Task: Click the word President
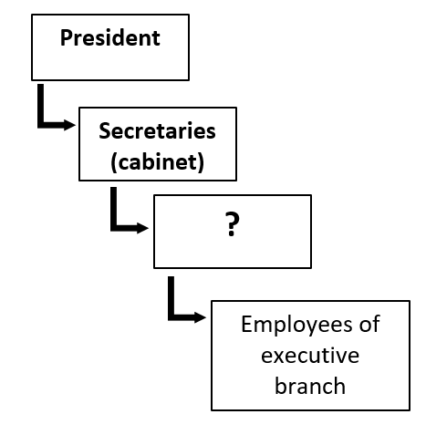pyautogui.click(x=110, y=38)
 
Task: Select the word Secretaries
pyautogui.click(x=157, y=130)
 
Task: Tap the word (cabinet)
pyautogui.click(x=157, y=162)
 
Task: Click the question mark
pyautogui.click(x=233, y=224)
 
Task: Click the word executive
pyautogui.click(x=310, y=356)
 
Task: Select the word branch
pyautogui.click(x=310, y=386)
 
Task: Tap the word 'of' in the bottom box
pyautogui.click(x=369, y=324)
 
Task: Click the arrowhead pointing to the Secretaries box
pyautogui.click(x=69, y=125)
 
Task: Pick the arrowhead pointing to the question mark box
pyautogui.click(x=142, y=228)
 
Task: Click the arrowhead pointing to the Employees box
pyautogui.click(x=200, y=317)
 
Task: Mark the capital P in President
pyautogui.click(x=67, y=38)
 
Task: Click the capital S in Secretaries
pyautogui.click(x=105, y=130)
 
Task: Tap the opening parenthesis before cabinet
pyautogui.click(x=114, y=162)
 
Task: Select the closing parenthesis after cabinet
pyautogui.click(x=201, y=162)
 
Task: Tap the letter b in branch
pyautogui.click(x=280, y=386)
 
